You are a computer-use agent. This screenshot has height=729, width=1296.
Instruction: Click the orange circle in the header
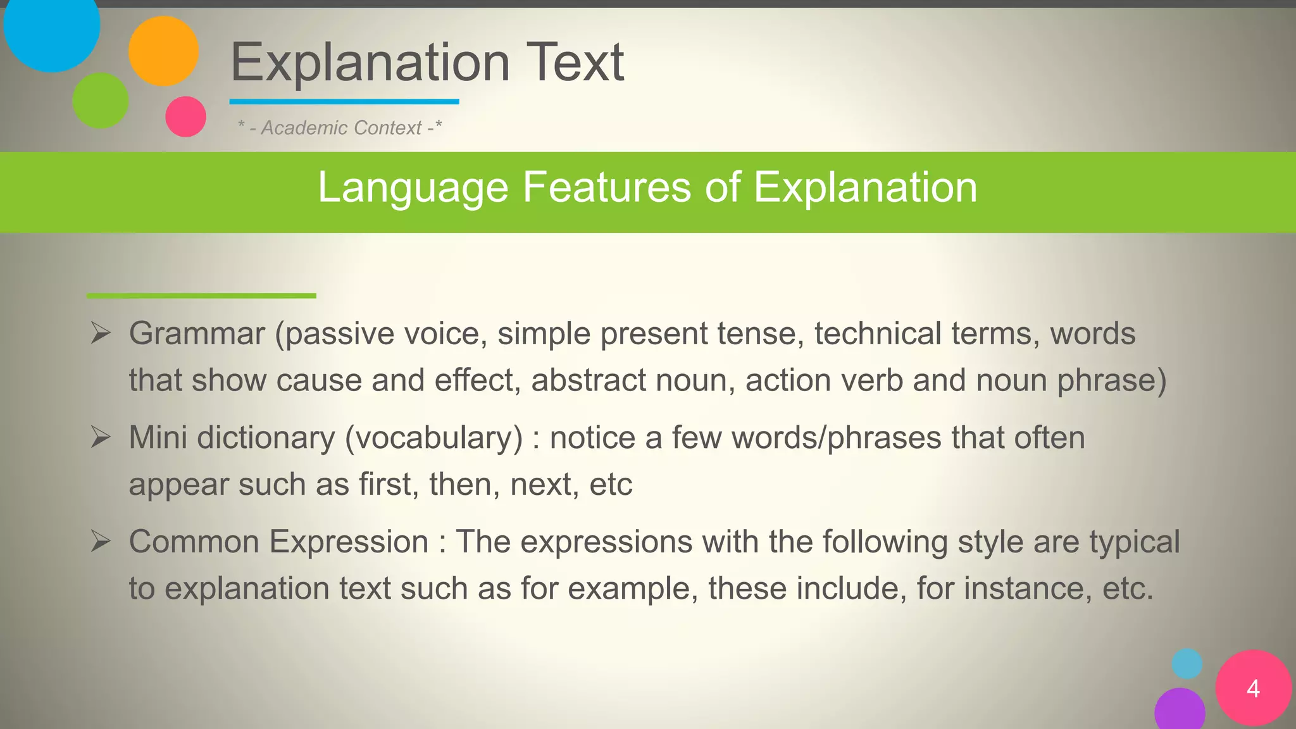163,51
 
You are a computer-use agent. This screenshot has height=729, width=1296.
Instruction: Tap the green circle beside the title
101,101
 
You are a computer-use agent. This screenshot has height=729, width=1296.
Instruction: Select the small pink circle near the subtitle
185,116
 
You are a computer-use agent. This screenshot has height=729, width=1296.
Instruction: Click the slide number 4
1253,688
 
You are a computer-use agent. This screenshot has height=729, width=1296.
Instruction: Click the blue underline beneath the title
344,101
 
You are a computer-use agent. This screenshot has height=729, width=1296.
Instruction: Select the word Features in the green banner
606,187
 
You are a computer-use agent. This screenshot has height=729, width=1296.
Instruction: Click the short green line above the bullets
201,296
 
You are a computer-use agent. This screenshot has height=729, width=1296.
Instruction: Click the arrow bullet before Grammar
101,333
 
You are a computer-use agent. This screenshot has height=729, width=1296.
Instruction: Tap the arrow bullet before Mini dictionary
101,437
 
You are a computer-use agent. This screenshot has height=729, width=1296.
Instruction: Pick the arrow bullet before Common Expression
101,541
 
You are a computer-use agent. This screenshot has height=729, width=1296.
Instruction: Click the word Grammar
197,333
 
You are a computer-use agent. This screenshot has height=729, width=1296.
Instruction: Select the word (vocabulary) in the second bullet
433,438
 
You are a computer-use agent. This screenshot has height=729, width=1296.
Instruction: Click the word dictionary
266,438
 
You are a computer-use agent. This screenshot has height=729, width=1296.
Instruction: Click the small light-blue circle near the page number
1187,664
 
